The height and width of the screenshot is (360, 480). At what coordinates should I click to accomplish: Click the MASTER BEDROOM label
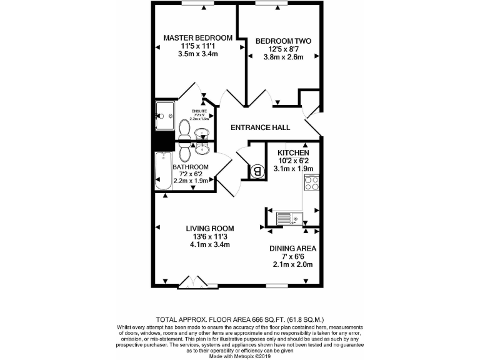197,38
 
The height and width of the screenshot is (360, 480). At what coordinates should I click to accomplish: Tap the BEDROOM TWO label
283,41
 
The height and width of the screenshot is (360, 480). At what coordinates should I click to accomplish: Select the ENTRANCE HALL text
260,127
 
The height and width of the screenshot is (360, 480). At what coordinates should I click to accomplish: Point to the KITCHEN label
293,152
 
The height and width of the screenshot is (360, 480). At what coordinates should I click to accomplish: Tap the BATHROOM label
191,167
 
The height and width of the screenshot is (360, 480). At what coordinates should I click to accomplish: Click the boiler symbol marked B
256,170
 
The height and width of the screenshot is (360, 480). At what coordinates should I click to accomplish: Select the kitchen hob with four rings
311,184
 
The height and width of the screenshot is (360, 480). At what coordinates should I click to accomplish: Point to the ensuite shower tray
166,113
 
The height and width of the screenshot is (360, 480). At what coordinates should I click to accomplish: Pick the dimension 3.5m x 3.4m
197,54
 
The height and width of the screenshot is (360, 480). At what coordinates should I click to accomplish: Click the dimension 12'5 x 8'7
283,49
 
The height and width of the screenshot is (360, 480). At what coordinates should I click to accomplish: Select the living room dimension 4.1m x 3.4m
209,244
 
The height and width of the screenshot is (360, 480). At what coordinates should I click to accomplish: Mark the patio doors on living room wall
191,284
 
